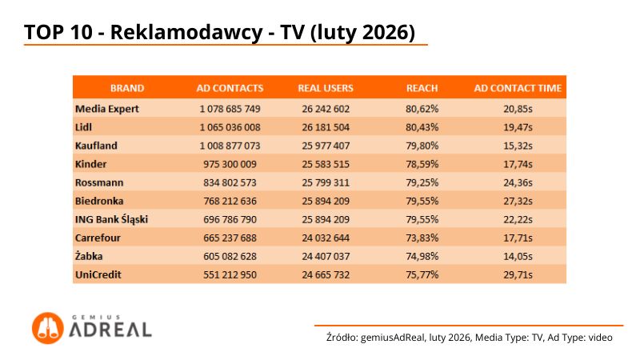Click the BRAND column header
126,88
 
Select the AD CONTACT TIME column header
518,88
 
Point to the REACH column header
422,88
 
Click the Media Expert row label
106,108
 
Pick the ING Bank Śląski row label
111,218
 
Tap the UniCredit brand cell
96,274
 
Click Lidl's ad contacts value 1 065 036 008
230,126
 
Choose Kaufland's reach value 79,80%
422,145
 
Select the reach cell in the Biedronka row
422,200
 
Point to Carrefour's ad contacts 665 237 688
230,237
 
